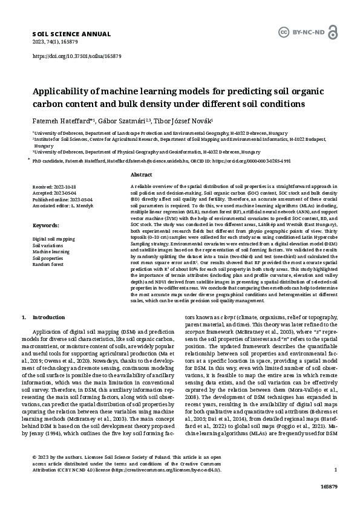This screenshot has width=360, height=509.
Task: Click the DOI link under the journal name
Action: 76,56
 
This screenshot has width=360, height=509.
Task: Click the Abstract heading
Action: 141,174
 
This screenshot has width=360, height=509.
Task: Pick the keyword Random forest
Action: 48,265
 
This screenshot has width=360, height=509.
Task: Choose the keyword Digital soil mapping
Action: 54,239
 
